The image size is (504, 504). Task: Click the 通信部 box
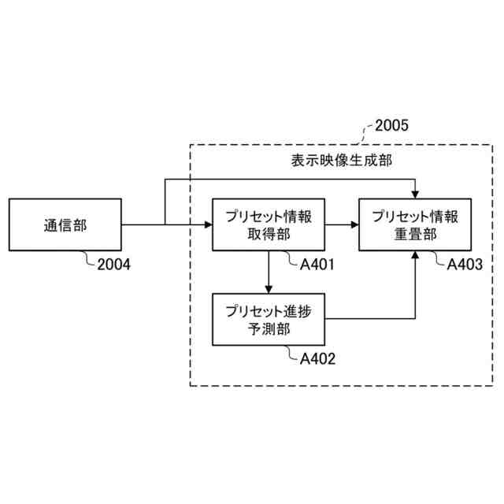[x=65, y=224]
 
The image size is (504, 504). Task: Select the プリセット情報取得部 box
[x=269, y=224]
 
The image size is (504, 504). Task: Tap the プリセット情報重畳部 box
[x=415, y=224]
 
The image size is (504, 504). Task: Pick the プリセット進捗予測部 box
[x=269, y=319]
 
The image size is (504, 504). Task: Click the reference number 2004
[x=114, y=265]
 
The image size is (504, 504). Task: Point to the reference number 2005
[x=391, y=124]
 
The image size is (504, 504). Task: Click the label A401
[x=317, y=265]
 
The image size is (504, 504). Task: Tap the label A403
[x=465, y=265]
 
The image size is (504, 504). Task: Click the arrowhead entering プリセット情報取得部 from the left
[x=209, y=225]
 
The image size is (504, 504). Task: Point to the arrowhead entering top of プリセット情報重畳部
[x=415, y=194]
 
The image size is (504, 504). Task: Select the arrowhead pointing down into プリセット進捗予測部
[x=269, y=288]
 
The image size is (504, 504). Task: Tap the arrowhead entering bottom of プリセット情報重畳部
[x=415, y=256]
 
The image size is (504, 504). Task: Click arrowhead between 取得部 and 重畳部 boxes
[x=355, y=225]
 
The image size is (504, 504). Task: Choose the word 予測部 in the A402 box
[x=269, y=329]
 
